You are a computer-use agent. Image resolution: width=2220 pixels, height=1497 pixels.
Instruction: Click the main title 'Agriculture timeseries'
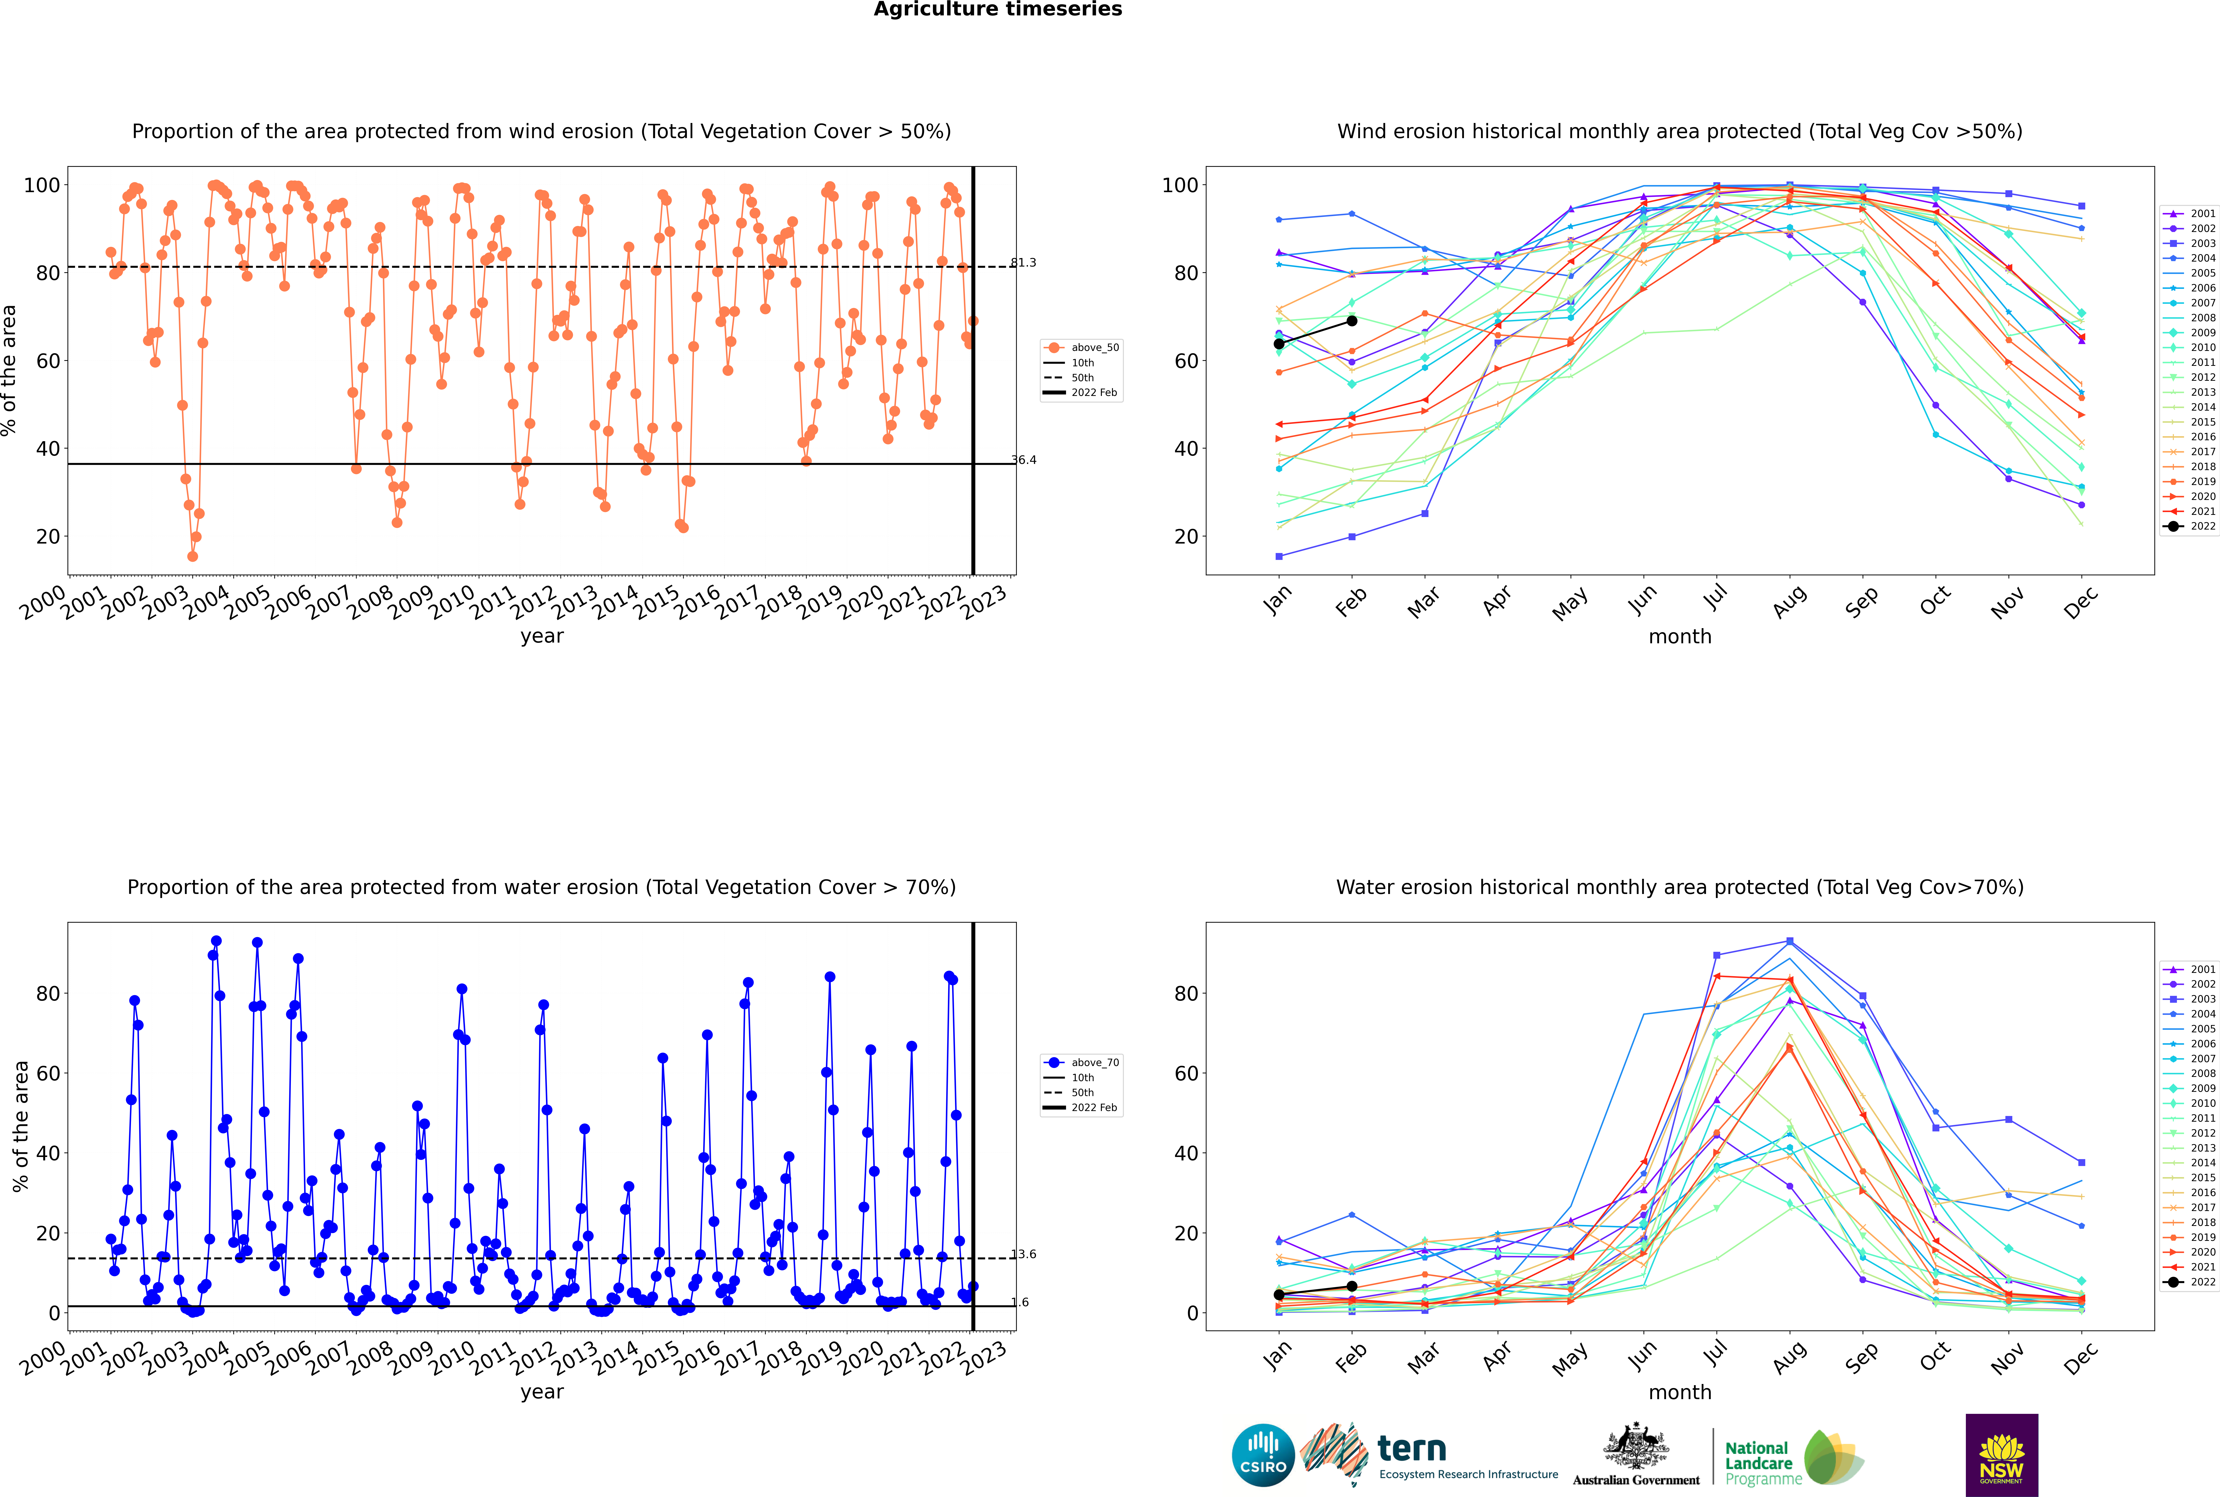coord(997,9)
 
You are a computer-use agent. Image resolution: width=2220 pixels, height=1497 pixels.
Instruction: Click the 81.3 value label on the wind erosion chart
coord(1023,263)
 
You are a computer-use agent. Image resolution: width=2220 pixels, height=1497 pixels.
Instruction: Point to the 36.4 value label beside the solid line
coord(1023,460)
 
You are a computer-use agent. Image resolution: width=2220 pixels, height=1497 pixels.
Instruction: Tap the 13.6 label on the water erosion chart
coord(1023,1255)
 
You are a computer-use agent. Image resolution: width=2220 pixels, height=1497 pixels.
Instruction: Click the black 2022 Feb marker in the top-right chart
coord(1351,321)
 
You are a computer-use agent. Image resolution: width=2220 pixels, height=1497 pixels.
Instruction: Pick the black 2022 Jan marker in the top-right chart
coord(1279,344)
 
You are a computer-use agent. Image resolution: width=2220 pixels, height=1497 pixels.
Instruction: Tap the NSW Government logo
coord(2001,1455)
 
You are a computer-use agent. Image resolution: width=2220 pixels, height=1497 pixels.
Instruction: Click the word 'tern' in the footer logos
coord(1412,1449)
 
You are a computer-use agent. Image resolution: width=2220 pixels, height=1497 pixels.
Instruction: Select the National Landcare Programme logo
coord(1794,1458)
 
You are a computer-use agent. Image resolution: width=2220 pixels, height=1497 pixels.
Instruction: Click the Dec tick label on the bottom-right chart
coord(2082,1358)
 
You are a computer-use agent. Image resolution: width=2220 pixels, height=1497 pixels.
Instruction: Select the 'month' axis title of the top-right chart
coord(1680,637)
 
